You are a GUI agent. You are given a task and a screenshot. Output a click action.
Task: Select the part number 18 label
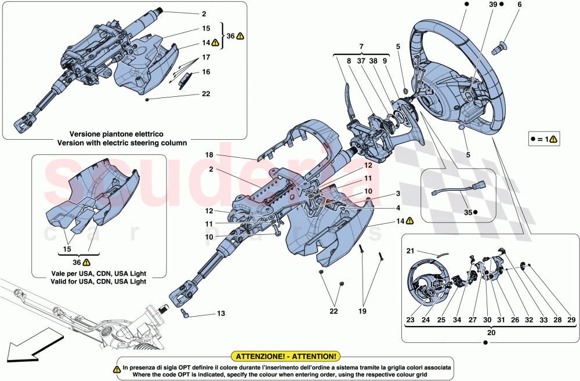[x=209, y=155]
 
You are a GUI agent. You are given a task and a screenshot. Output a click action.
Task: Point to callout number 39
[x=492, y=4]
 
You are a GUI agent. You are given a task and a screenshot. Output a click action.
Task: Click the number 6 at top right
[x=519, y=4]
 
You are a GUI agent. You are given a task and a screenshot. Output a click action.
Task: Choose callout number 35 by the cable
[x=467, y=212]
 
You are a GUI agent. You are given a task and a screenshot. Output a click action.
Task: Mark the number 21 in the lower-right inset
[x=409, y=251]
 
